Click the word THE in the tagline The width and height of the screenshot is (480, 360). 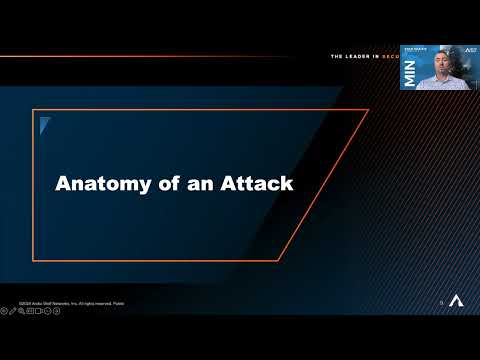(338, 57)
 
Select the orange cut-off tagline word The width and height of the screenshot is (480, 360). (392, 57)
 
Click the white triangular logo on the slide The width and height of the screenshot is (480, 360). (455, 301)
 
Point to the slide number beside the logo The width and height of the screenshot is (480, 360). (441, 302)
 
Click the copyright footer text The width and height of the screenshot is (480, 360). (70, 302)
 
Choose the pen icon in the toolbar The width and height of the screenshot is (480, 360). (13, 311)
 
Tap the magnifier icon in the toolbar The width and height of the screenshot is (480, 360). (22, 311)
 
